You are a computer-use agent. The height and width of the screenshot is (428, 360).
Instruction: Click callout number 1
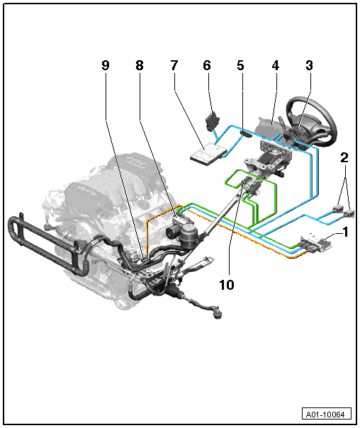345,232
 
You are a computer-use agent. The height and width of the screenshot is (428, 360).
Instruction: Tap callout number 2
344,158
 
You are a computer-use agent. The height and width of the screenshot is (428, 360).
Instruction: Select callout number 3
309,65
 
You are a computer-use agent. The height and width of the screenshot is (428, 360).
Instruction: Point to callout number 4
276,65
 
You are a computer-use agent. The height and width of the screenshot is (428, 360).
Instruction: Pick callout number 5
240,65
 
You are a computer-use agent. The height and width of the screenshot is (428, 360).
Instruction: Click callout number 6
207,65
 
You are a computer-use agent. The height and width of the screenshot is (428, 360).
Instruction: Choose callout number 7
174,65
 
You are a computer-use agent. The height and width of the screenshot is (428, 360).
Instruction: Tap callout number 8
140,65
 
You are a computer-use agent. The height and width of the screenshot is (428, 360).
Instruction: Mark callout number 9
106,65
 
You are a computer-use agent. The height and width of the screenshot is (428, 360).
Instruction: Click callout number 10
227,285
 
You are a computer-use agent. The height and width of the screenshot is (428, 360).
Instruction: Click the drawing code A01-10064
325,415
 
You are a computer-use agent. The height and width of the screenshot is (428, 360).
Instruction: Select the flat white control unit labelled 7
208,154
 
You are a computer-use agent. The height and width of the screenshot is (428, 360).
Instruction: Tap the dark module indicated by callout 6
213,121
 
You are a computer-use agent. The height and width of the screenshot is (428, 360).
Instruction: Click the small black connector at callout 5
246,135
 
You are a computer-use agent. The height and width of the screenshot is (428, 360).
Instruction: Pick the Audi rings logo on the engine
135,162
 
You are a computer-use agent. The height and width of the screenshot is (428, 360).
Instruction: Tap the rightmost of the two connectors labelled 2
349,213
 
